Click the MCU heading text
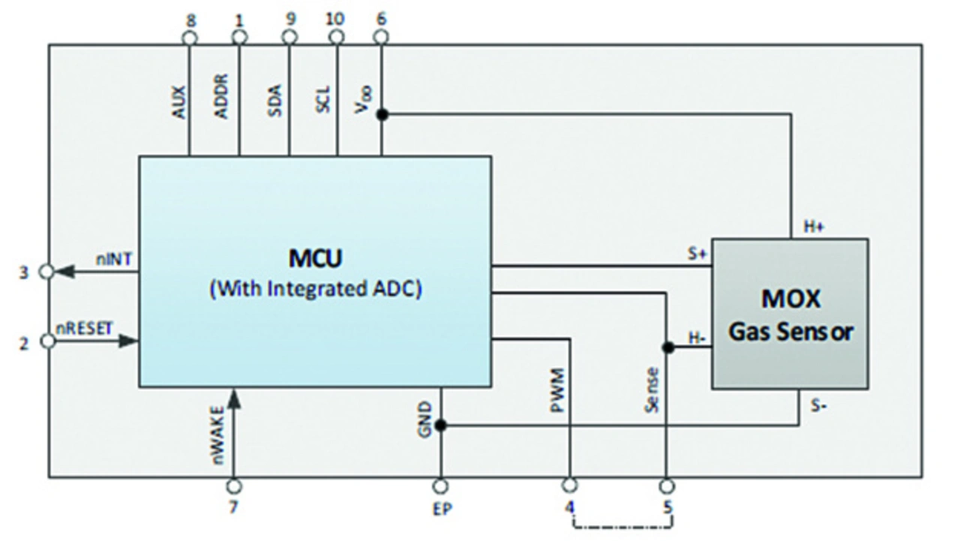point(315,259)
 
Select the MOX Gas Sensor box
point(790,314)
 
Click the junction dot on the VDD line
point(382,114)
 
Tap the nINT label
point(114,258)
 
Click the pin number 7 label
point(233,508)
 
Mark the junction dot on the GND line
point(440,425)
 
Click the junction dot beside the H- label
point(666,347)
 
